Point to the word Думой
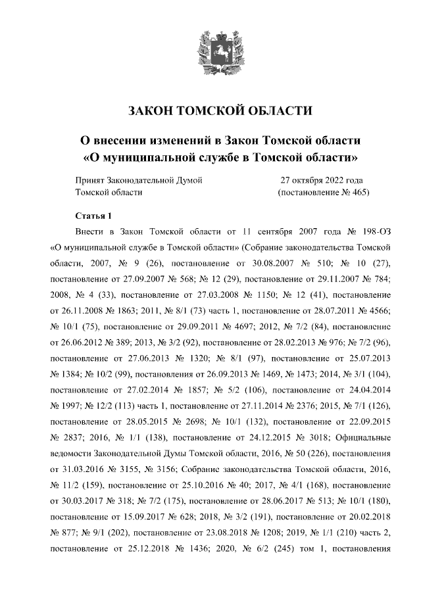[x=188, y=179]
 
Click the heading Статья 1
[x=95, y=216]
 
